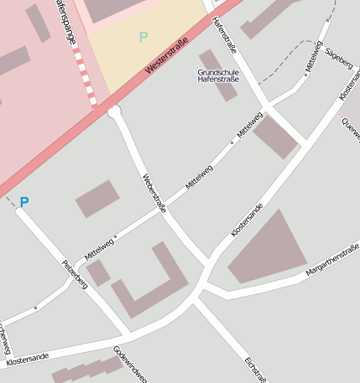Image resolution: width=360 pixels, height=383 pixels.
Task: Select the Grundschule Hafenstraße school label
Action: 217,76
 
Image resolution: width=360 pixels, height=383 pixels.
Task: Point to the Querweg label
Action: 351,127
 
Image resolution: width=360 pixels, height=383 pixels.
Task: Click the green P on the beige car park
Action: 143,37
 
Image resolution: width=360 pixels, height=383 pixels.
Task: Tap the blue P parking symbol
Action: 24,202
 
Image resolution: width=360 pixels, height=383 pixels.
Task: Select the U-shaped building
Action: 151,285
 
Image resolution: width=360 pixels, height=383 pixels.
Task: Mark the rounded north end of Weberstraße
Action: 115,111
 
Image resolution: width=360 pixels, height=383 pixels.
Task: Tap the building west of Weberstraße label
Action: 97,199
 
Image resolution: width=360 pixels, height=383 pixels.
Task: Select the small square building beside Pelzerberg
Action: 98,272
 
